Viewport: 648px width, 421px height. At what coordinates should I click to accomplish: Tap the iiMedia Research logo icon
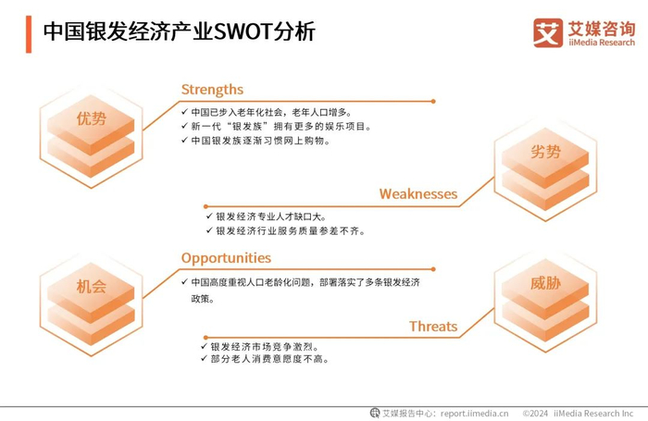point(547,32)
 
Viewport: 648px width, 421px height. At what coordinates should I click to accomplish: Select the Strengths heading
point(212,90)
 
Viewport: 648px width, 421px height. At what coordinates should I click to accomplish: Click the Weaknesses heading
point(417,194)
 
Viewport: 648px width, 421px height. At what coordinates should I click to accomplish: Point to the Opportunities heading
point(226,258)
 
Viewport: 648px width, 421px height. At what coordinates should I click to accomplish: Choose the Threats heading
point(433,327)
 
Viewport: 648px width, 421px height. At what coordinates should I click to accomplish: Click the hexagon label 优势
point(92,119)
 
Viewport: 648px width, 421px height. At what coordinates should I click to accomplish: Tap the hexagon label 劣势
point(545,152)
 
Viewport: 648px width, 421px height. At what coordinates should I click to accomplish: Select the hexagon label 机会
point(92,287)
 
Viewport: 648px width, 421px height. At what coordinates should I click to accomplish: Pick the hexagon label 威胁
point(545,283)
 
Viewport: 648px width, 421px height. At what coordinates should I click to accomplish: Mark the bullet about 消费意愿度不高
point(268,359)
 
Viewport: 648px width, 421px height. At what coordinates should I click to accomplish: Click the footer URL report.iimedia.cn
point(475,413)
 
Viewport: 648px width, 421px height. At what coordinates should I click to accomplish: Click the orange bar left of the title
point(30,32)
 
